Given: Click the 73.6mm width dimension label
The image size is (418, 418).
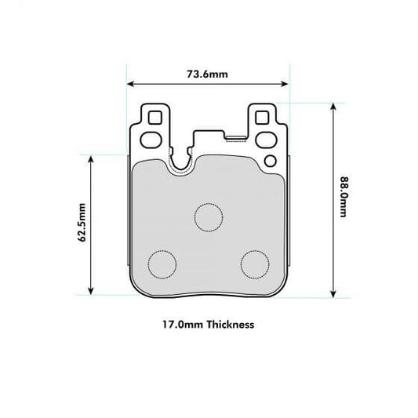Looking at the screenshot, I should coord(207,75).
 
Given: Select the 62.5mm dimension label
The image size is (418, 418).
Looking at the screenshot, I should coord(82,224).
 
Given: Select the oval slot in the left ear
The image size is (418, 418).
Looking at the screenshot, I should coord(151,141).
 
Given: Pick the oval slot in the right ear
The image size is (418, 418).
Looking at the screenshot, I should coord(265,141).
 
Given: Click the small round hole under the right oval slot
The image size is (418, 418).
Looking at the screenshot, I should coord(271,162).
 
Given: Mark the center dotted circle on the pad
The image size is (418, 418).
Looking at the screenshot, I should coord(209,216).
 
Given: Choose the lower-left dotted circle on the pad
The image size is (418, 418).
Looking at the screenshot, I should coord(162,264).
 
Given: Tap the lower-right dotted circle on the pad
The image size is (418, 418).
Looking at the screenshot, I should coord(255,264).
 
